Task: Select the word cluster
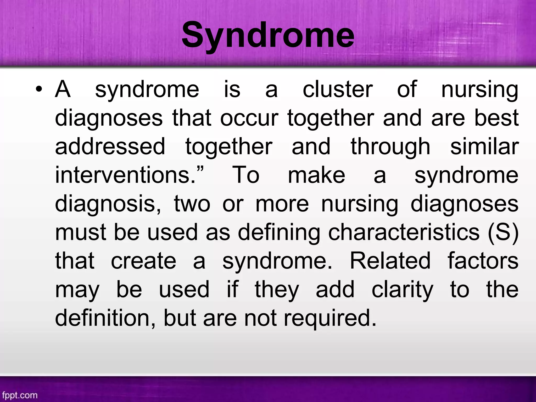point(338,90)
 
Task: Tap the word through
point(390,147)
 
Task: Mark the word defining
point(279,233)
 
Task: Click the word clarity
point(402,290)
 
